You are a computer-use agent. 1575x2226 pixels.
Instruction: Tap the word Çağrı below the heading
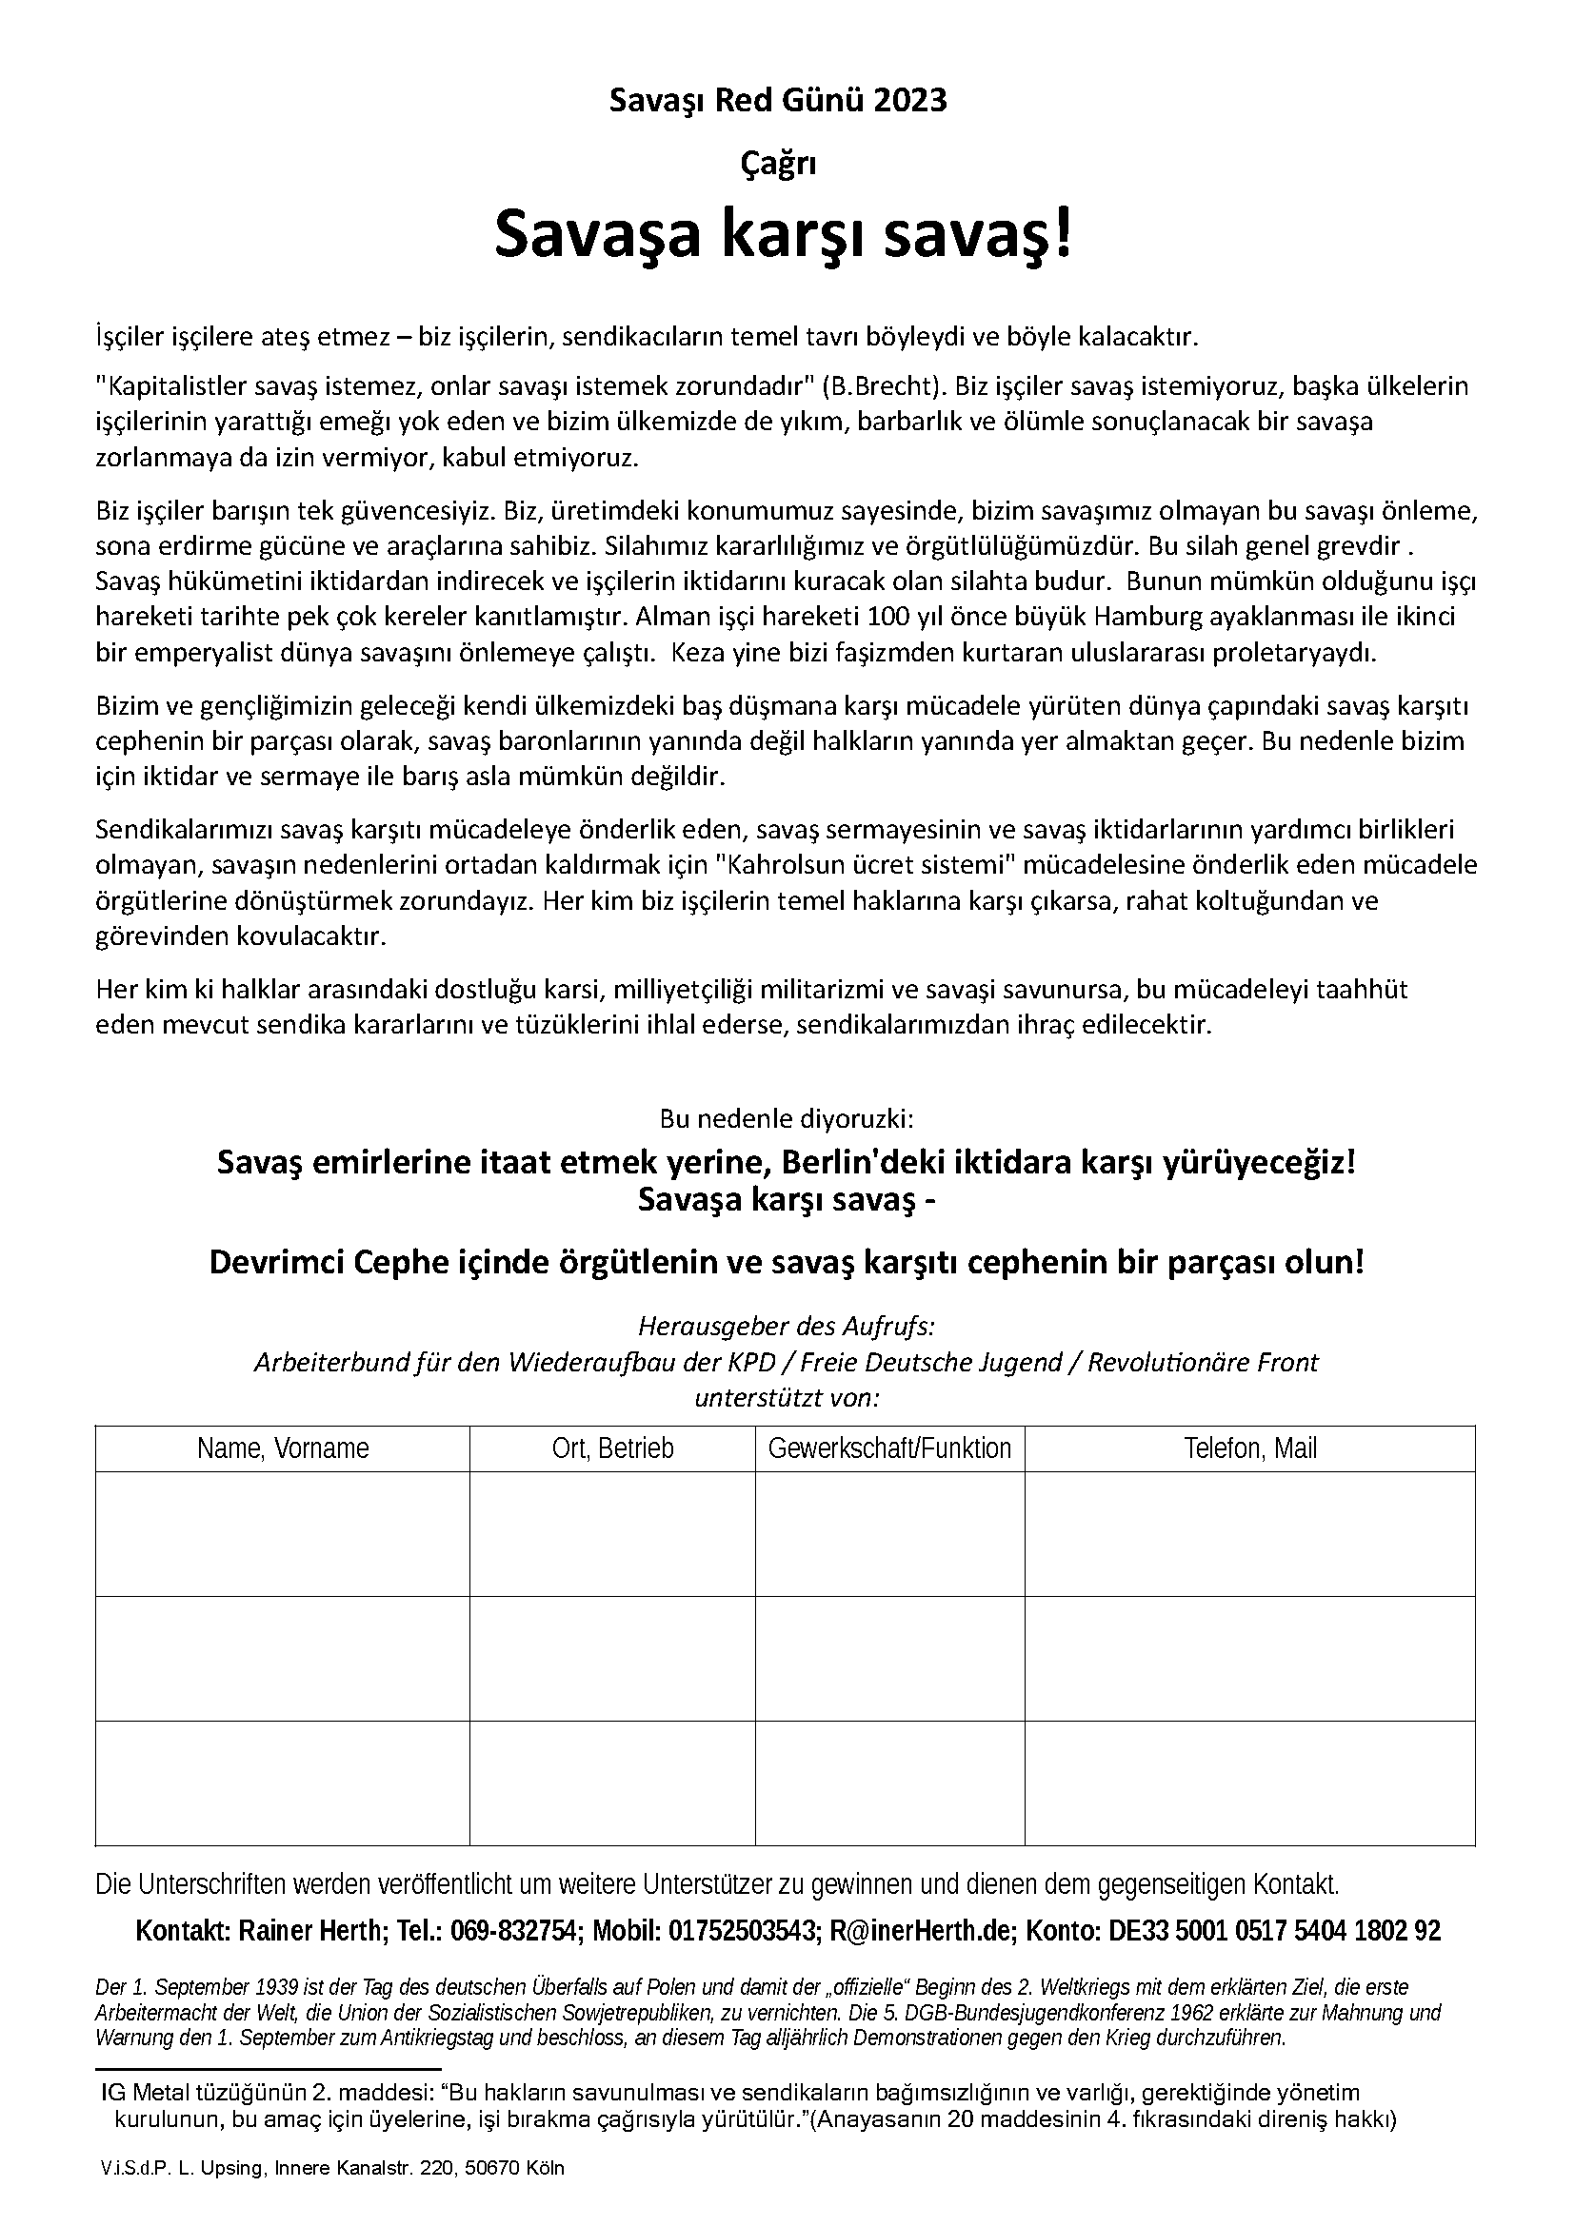pos(778,164)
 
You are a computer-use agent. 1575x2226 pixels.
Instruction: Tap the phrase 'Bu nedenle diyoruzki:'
pos(787,1119)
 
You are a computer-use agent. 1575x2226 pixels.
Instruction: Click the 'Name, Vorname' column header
pos(282,1448)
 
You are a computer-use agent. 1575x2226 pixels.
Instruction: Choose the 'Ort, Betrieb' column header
pos(612,1448)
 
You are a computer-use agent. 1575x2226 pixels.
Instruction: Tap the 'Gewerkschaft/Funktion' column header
pos(889,1448)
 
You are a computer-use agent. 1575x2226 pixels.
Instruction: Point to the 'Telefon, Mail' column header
pos(1250,1448)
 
